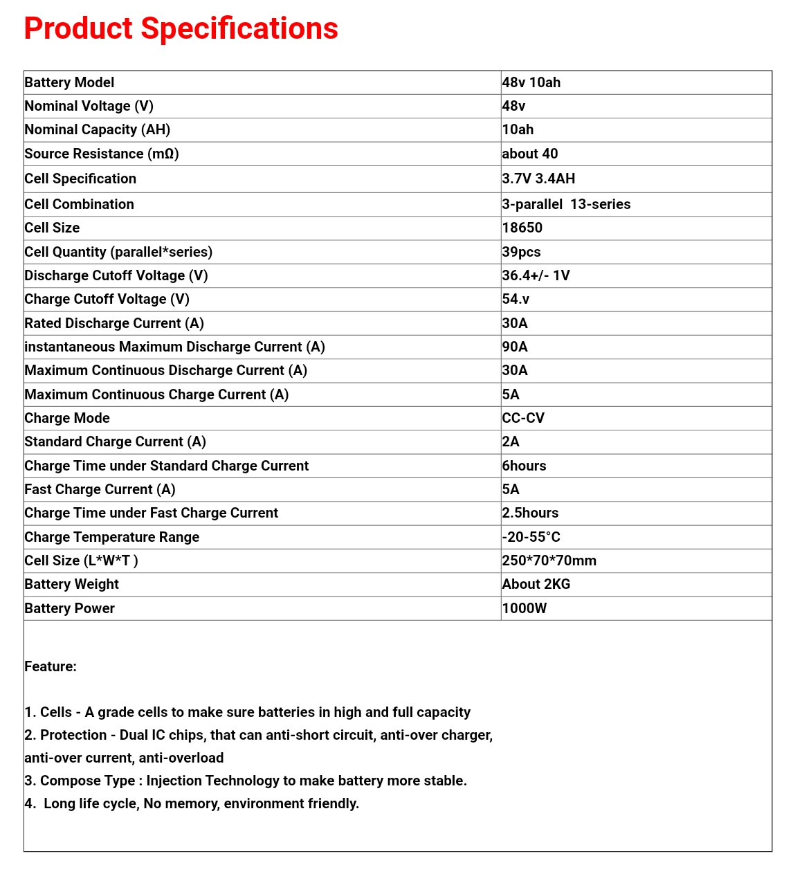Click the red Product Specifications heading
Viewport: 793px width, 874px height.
coord(181,29)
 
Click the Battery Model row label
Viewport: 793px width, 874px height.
coord(69,82)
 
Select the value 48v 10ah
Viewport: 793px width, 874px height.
coord(531,82)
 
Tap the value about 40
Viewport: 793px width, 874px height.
coord(529,154)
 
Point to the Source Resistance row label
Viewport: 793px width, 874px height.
coord(102,154)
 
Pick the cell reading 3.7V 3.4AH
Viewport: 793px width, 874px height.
coord(538,179)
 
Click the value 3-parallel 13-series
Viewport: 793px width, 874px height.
coord(566,204)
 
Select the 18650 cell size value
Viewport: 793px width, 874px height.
coord(522,228)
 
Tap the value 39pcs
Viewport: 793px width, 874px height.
coord(521,252)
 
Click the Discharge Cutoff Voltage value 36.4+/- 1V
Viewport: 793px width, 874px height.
coord(536,275)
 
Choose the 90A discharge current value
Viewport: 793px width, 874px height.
coord(515,347)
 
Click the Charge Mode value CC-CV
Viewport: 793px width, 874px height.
coord(523,418)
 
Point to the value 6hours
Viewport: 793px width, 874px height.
coord(524,466)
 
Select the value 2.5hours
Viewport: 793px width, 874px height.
coord(530,513)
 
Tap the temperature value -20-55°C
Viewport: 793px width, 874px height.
coord(531,537)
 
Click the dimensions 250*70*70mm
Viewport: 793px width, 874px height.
coord(549,561)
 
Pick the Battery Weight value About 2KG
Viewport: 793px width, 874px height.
coord(536,584)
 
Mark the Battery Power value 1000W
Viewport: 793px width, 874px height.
coord(524,608)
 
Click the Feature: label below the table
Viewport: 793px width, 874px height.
coord(51,666)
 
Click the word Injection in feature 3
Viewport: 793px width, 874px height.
coord(174,781)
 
